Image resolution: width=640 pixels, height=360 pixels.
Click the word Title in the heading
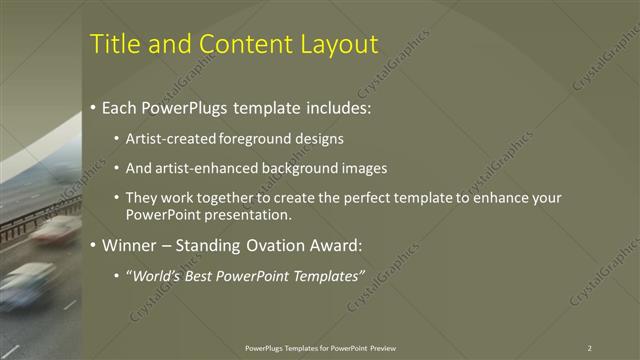[113, 44]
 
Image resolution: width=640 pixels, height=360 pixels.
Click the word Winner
[130, 245]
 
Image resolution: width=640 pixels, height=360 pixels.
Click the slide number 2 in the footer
[589, 348]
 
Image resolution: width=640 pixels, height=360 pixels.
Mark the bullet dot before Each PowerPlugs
[93, 107]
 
